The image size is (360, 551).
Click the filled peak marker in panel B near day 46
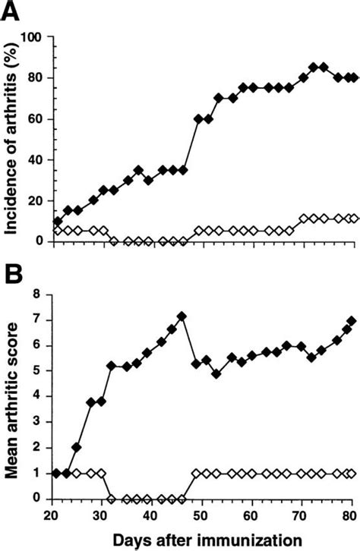click(x=182, y=316)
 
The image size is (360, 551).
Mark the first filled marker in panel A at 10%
click(x=58, y=222)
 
